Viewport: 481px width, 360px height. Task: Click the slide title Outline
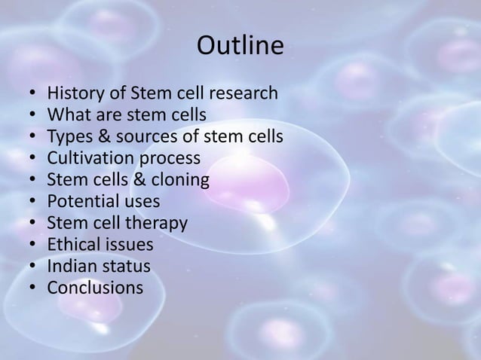(x=240, y=47)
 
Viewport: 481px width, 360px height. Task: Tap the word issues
(x=129, y=245)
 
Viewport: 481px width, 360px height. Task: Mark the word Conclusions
(x=95, y=288)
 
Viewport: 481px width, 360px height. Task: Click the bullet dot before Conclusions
(x=32, y=288)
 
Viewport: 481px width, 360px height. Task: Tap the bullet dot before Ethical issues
(x=32, y=246)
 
